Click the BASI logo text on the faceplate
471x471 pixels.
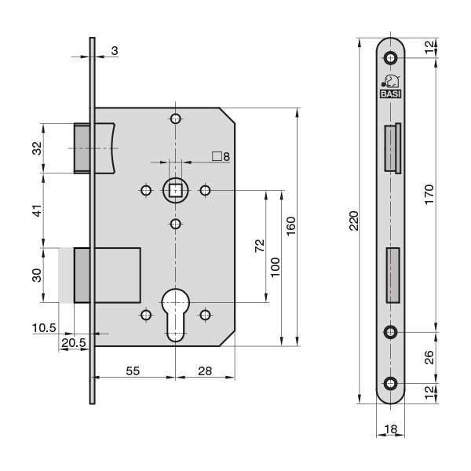point(390,94)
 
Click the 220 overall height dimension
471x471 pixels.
point(354,221)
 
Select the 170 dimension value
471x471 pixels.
point(429,195)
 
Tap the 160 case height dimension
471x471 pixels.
point(290,226)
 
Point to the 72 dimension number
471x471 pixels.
point(260,246)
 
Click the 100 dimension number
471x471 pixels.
point(275,268)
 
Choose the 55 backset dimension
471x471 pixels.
point(133,371)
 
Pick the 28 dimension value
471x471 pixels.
point(205,371)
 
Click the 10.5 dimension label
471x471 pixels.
point(44,327)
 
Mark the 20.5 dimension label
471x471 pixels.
point(74,342)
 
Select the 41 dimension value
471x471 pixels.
point(37,211)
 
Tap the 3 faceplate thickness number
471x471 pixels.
point(115,51)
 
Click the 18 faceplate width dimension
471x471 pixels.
point(390,429)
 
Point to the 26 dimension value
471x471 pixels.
point(430,357)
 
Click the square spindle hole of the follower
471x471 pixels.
point(175,191)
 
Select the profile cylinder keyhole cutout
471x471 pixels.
point(176,315)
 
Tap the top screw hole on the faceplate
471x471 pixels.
point(390,57)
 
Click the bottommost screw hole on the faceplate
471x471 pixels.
point(390,383)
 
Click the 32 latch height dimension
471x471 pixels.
point(37,148)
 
